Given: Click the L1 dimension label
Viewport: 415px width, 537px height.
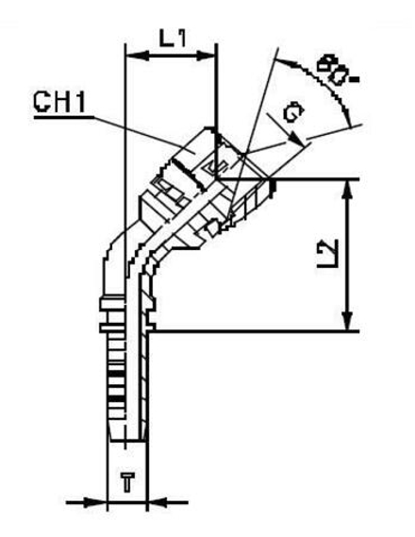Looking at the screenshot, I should (x=172, y=39).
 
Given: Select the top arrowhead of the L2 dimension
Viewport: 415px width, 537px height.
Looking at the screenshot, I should (x=348, y=187).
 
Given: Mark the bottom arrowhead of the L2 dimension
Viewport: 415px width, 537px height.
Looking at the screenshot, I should (x=348, y=324).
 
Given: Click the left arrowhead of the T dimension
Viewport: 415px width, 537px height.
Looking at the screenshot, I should (x=98, y=500).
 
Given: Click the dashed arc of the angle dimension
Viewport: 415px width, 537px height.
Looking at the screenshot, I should (x=325, y=90).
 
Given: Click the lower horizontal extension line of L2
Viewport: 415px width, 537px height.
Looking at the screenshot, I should (x=255, y=331).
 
